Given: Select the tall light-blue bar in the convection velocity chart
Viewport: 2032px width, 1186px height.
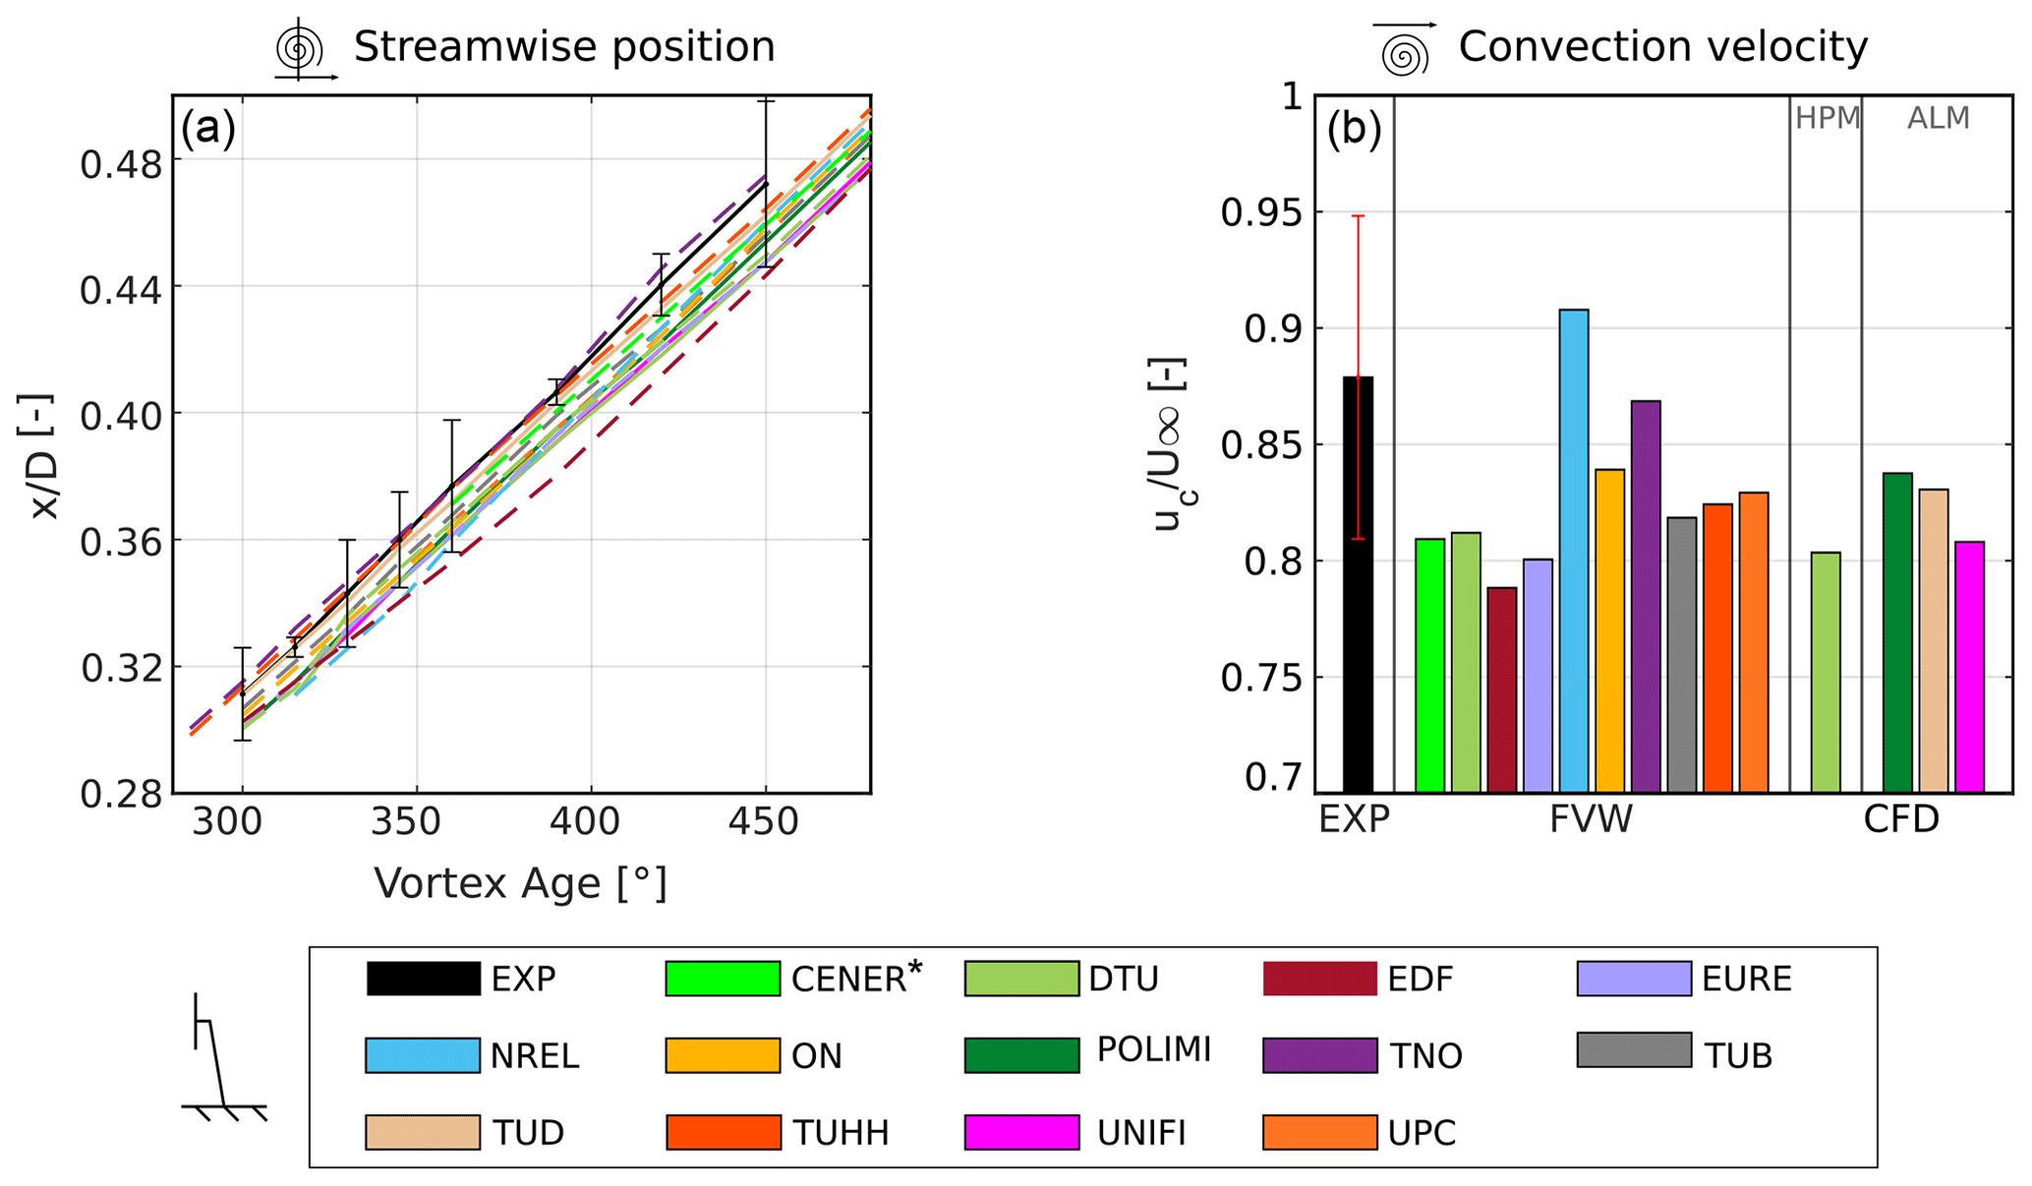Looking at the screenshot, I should tap(1574, 550).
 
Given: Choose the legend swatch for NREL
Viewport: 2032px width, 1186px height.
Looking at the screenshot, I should tap(423, 1055).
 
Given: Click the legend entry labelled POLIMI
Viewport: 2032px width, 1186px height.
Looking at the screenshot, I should tap(1154, 1049).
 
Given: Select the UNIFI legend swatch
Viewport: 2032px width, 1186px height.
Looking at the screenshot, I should tap(1021, 1132).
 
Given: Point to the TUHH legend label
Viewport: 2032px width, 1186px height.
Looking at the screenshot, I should tap(841, 1133).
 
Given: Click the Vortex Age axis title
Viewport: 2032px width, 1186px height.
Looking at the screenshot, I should tap(520, 883).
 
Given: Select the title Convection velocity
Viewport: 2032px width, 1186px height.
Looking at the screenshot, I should tap(1662, 47).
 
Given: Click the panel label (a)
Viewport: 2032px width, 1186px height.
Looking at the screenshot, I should tap(207, 128).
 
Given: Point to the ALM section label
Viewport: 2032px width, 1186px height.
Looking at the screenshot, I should tap(1938, 119).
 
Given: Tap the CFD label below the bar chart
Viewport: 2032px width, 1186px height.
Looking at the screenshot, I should tap(1901, 819).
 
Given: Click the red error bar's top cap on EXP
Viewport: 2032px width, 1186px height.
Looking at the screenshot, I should tap(1358, 216).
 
